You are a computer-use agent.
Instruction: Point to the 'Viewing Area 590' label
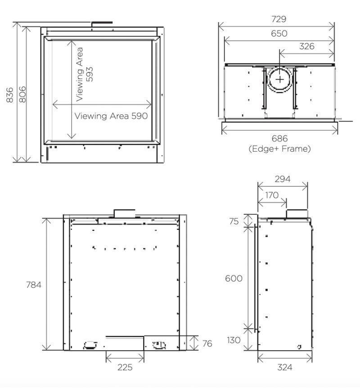[111, 116]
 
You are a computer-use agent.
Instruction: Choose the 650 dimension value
[279, 33]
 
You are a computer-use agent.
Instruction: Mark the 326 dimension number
[306, 46]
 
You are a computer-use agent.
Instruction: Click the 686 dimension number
[279, 139]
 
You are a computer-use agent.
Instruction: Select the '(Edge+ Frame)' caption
[279, 149]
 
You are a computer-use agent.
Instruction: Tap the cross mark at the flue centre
[280, 79]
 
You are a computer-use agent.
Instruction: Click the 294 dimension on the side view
[282, 179]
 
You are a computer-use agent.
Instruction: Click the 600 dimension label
[234, 279]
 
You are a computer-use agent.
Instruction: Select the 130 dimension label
[234, 340]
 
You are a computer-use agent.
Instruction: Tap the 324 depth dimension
[285, 367]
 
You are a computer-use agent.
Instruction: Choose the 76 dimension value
[207, 343]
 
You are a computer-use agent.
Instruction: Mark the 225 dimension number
[125, 367]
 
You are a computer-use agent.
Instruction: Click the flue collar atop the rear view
[125, 212]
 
